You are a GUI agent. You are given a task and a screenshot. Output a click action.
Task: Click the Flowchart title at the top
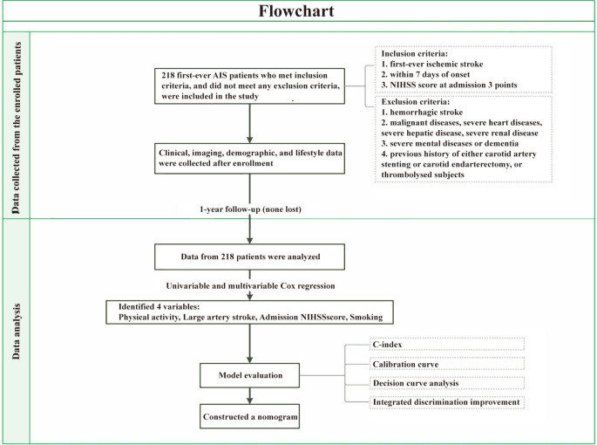(298, 11)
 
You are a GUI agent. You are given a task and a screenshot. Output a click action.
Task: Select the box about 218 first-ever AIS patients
(250, 87)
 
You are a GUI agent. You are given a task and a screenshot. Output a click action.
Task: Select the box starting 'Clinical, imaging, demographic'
(250, 157)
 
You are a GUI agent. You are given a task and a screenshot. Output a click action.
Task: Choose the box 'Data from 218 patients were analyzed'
(250, 257)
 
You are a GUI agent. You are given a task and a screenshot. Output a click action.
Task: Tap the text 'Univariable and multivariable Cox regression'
(250, 286)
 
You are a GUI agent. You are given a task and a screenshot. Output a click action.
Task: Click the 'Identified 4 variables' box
(250, 313)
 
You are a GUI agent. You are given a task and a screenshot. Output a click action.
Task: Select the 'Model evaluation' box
(250, 376)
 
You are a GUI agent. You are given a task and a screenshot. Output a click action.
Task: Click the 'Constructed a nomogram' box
(250, 417)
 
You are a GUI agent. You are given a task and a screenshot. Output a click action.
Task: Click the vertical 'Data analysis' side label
(16, 332)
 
